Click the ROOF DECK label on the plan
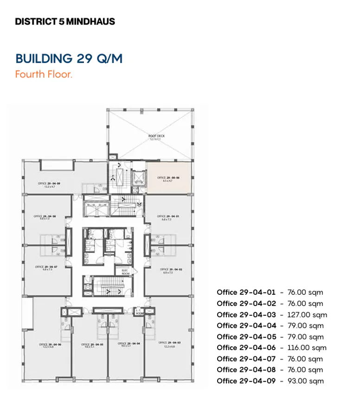click(x=156, y=137)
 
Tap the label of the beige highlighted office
click(x=168, y=179)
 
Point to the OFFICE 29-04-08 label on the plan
click(x=45, y=217)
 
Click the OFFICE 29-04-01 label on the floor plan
click(x=167, y=217)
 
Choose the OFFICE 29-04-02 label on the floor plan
click(x=169, y=270)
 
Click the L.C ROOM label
click(x=139, y=312)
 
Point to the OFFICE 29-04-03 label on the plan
click(x=170, y=344)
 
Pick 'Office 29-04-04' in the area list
click(x=246, y=326)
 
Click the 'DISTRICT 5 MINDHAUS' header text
click(x=64, y=22)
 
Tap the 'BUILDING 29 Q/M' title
click(x=69, y=59)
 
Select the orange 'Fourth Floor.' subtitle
click(x=44, y=74)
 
